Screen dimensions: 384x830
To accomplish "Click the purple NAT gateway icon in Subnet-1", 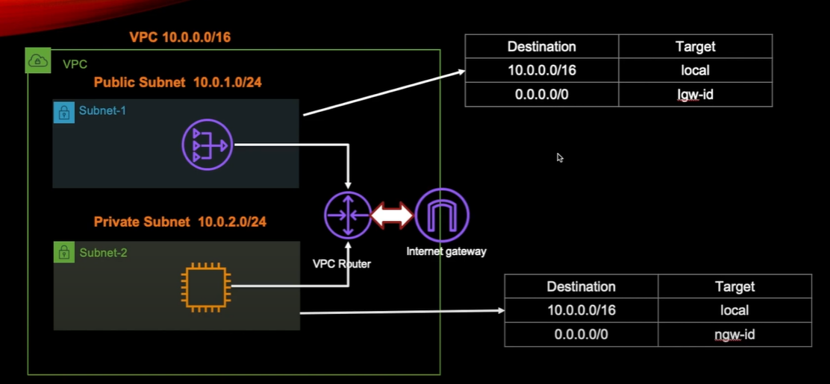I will [207, 145].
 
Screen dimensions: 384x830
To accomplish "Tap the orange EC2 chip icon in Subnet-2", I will [206, 285].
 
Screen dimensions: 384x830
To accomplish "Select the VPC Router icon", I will [348, 215].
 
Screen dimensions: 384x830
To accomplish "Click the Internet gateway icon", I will [442, 215].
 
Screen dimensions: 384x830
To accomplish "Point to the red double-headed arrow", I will [393, 215].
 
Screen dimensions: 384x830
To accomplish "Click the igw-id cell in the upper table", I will [695, 95].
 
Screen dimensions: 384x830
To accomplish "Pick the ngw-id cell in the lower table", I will [734, 335].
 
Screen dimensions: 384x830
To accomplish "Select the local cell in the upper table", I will [695, 71].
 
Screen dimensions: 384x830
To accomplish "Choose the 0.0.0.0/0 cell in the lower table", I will [581, 335].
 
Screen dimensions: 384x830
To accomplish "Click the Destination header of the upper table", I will [541, 46].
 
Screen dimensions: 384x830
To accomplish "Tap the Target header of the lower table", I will [734, 286].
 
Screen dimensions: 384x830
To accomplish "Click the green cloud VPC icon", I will [37, 62].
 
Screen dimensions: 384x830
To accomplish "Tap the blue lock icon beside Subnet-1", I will [64, 113].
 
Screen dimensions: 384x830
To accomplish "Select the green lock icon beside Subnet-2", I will [64, 253].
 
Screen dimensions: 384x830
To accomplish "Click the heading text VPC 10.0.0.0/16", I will [180, 37].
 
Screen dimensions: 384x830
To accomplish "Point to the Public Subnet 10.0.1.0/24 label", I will [178, 82].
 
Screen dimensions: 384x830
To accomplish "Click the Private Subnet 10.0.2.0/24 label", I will [180, 221].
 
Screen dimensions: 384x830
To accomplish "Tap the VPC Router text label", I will [341, 264].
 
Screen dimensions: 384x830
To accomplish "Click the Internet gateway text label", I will [446, 251].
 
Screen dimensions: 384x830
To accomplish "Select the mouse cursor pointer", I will [560, 157].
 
